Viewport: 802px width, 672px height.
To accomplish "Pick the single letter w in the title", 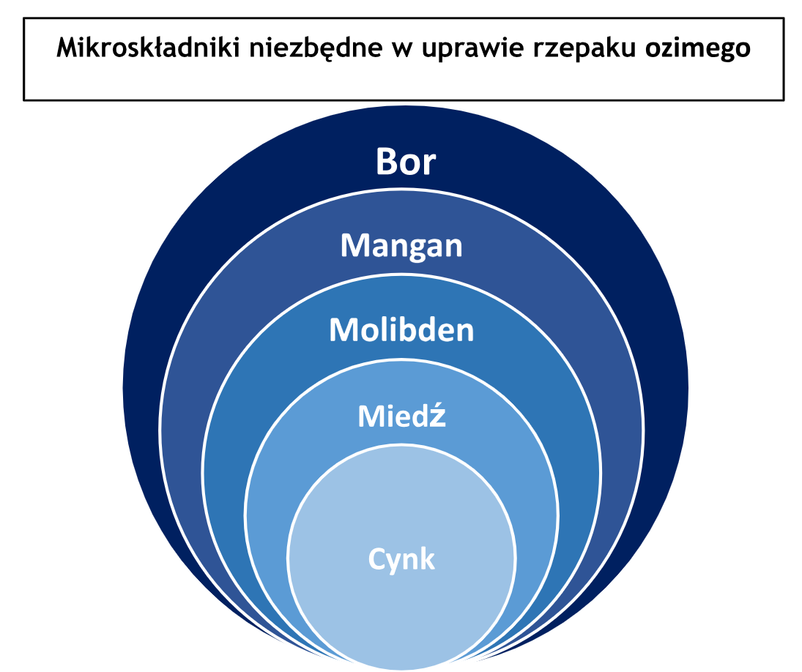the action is coord(402,50).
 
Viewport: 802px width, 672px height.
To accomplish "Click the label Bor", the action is coord(406,162).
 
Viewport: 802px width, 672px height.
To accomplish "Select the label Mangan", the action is coord(401,246).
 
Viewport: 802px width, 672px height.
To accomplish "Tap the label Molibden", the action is coord(401,329).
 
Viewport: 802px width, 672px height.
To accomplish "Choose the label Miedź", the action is coord(401,415).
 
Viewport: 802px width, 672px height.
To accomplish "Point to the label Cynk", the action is coord(401,559).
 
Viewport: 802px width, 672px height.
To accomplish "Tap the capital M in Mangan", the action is coord(354,245).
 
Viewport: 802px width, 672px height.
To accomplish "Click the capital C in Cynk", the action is coord(376,559).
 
